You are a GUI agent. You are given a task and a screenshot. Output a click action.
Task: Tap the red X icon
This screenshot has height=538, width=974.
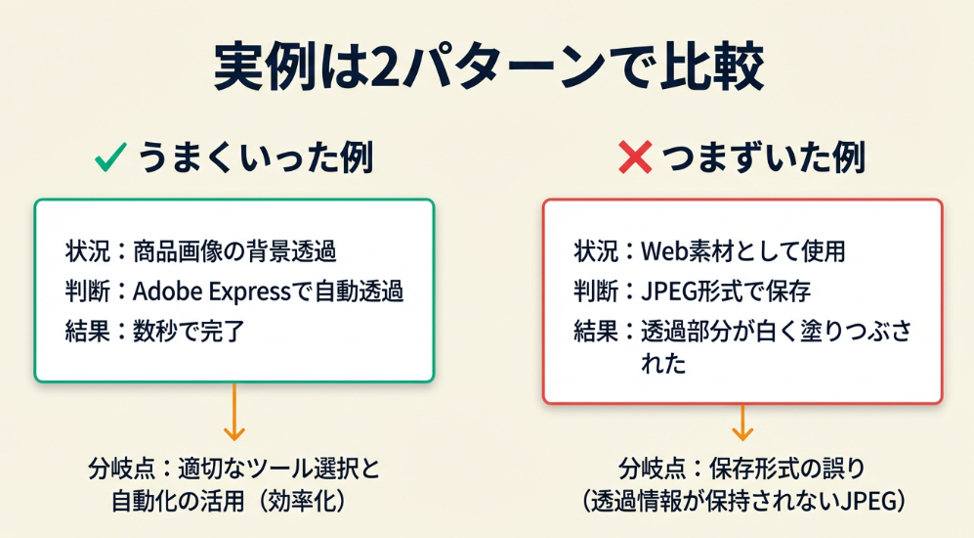click(x=635, y=157)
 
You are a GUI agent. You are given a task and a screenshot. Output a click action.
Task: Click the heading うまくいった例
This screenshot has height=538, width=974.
click(x=255, y=157)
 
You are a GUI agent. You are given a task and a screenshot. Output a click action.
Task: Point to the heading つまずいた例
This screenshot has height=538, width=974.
click(x=763, y=157)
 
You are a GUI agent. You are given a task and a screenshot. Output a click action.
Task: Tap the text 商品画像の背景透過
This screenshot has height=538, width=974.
click(x=234, y=251)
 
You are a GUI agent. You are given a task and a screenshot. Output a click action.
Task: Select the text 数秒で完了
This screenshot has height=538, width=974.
click(x=190, y=332)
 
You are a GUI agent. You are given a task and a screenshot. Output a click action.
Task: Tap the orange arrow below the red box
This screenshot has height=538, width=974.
click(x=741, y=418)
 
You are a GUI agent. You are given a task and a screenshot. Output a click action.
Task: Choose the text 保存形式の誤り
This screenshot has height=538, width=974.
click(x=783, y=468)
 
